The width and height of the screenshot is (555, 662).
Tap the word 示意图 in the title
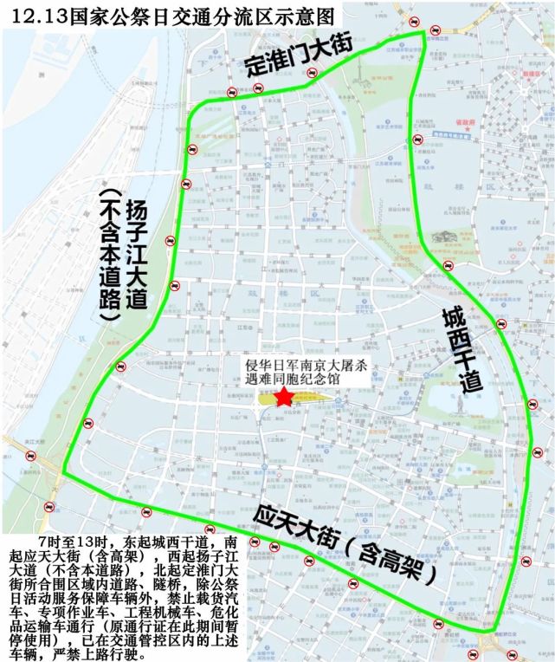(302, 16)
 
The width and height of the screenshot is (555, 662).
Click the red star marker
(283, 397)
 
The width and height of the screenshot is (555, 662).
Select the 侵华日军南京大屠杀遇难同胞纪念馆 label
(307, 373)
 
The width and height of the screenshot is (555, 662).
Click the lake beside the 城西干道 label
(447, 404)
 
